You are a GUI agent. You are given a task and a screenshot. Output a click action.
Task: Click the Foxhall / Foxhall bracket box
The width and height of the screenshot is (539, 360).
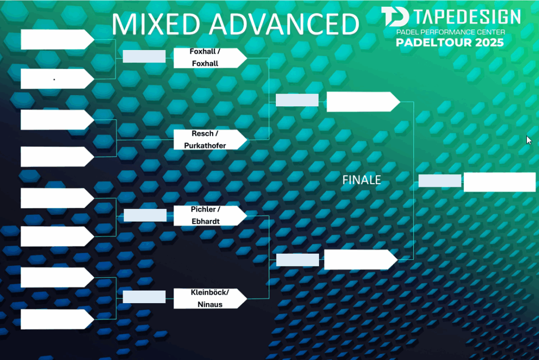tap(210, 58)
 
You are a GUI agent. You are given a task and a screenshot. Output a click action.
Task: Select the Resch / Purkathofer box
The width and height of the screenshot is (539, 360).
tap(210, 139)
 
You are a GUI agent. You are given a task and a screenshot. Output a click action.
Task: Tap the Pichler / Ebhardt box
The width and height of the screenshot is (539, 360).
tap(210, 216)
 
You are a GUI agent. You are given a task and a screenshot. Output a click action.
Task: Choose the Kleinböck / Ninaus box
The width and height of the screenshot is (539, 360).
tap(210, 298)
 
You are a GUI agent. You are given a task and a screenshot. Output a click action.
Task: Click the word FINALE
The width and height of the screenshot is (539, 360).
tap(362, 180)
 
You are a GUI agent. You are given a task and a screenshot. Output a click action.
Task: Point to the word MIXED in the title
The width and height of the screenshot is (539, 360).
tap(156, 24)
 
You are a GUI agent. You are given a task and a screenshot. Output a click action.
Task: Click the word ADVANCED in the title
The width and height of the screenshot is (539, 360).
tap(284, 24)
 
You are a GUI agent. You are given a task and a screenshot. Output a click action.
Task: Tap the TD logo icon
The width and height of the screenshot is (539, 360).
tap(395, 16)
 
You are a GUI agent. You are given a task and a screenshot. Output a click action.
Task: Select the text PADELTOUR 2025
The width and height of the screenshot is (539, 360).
tap(450, 43)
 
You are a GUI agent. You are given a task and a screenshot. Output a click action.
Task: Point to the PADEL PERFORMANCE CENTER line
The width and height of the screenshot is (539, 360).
tap(451, 32)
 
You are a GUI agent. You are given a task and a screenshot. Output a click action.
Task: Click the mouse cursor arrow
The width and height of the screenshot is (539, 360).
tap(529, 140)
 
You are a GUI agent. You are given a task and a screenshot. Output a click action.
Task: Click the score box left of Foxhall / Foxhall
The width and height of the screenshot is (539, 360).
tap(144, 56)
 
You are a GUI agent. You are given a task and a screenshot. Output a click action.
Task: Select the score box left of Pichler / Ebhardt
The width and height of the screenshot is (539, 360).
tap(145, 215)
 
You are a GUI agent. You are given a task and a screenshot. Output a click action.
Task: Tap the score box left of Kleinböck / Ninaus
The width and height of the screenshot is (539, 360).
tap(144, 297)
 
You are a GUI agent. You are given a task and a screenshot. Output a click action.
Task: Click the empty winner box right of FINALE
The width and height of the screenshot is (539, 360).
tap(500, 182)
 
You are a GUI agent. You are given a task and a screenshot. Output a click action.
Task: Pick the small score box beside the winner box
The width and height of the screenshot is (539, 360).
tap(440, 181)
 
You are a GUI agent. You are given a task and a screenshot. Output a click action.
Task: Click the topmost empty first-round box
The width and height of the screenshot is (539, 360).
tap(57, 39)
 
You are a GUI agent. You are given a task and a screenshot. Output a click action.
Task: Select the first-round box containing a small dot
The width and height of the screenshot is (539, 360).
tap(57, 79)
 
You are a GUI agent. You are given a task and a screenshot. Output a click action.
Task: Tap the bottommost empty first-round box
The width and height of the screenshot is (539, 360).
tap(57, 319)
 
